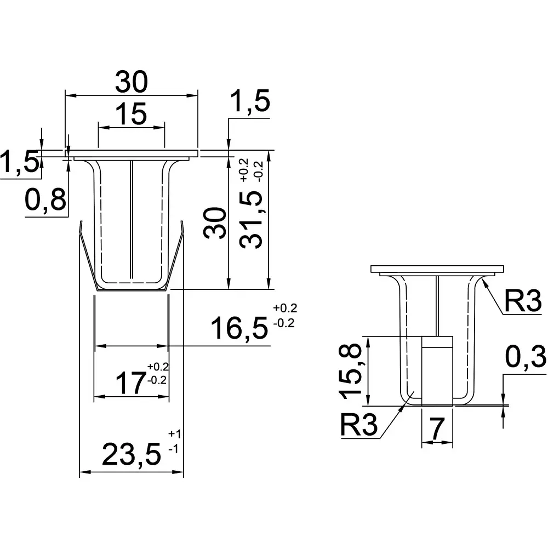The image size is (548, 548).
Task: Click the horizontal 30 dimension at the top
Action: pos(132,83)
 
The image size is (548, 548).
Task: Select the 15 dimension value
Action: pos(132,115)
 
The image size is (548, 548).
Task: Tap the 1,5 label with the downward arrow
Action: pos(250,104)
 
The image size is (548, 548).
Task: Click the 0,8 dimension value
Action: pos(46,202)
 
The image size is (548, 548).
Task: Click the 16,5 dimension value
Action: pos(239,329)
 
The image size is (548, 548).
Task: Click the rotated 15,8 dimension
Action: pos(350,370)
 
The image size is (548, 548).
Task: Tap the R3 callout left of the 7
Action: pos(359,425)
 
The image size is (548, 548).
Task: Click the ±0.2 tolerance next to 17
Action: pos(158,373)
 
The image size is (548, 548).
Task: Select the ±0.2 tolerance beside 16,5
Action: pos(283,315)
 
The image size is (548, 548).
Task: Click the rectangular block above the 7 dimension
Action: pos(437,370)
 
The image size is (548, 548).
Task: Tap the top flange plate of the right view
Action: pos(437,269)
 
